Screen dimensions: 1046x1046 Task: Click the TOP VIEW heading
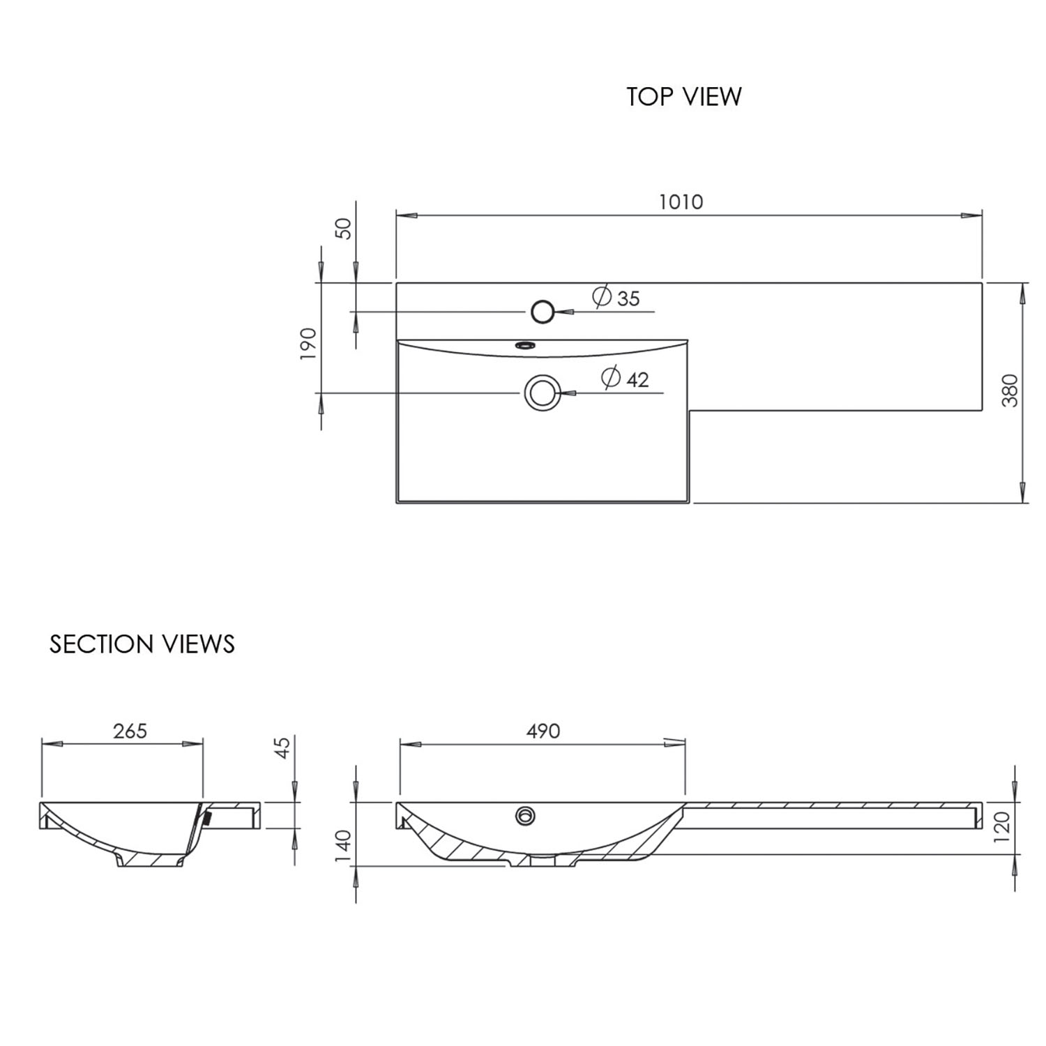click(x=683, y=96)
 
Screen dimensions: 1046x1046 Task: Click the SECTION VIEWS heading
click(x=142, y=644)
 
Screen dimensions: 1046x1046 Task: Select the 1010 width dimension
click(x=681, y=202)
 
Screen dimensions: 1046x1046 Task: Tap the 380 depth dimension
click(x=1010, y=391)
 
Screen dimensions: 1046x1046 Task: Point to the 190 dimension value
click(x=308, y=343)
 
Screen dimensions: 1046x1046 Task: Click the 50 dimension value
click(x=344, y=228)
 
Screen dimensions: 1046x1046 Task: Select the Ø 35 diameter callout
click(x=616, y=298)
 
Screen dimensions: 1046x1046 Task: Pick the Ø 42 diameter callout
click(x=626, y=379)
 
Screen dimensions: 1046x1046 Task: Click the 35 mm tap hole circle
click(x=542, y=312)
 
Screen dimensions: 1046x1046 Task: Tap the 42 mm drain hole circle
click(x=542, y=393)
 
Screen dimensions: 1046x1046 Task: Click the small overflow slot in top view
click(x=524, y=344)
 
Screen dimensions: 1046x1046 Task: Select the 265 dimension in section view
click(x=130, y=731)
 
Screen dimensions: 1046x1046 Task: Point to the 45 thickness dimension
click(x=282, y=748)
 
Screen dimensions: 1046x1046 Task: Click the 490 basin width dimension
click(x=543, y=731)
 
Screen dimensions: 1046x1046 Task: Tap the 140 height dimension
click(x=343, y=845)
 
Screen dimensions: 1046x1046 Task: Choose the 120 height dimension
click(x=1001, y=827)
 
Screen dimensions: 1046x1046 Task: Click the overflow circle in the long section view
click(x=525, y=815)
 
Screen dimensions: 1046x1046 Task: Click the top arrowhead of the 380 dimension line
click(x=1023, y=293)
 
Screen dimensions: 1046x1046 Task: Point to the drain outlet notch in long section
click(x=543, y=861)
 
